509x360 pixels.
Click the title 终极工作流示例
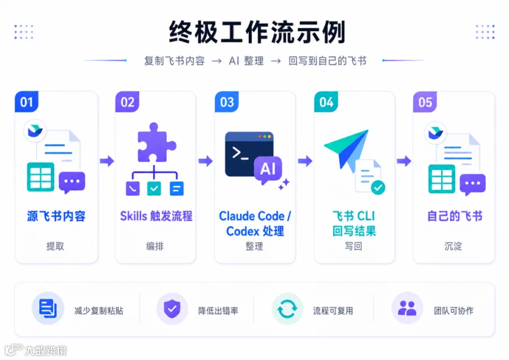coord(257,32)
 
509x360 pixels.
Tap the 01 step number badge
coord(27,102)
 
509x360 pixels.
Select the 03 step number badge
coord(227,102)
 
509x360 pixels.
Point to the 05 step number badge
coord(425,102)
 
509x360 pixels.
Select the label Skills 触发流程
coord(156,216)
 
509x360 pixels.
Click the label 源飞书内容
coord(56,216)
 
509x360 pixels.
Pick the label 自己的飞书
coord(455,216)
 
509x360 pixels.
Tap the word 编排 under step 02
coord(155,246)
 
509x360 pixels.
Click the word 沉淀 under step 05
coord(453,246)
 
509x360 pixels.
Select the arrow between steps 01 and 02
coord(107,161)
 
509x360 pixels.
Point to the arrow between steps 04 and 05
coord(404,161)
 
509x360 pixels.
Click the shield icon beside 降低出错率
coord(172,309)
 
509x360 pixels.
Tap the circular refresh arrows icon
coord(287,309)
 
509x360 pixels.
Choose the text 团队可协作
coord(454,311)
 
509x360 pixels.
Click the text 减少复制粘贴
coord(98,311)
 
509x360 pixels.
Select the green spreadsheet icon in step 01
coord(41,177)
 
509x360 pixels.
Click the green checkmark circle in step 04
coord(378,188)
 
